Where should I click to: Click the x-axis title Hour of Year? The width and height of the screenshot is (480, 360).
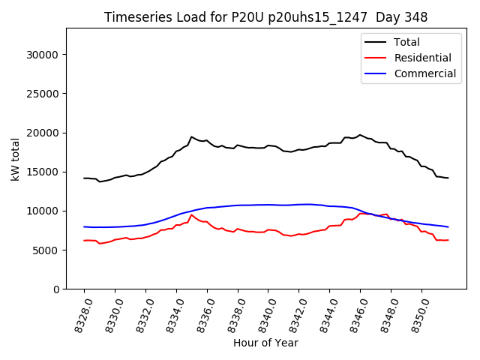(x=265, y=343)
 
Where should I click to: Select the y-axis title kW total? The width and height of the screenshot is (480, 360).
(x=16, y=158)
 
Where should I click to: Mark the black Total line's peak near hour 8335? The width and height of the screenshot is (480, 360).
(x=191, y=136)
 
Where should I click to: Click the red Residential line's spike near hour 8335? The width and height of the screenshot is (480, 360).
(x=191, y=214)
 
